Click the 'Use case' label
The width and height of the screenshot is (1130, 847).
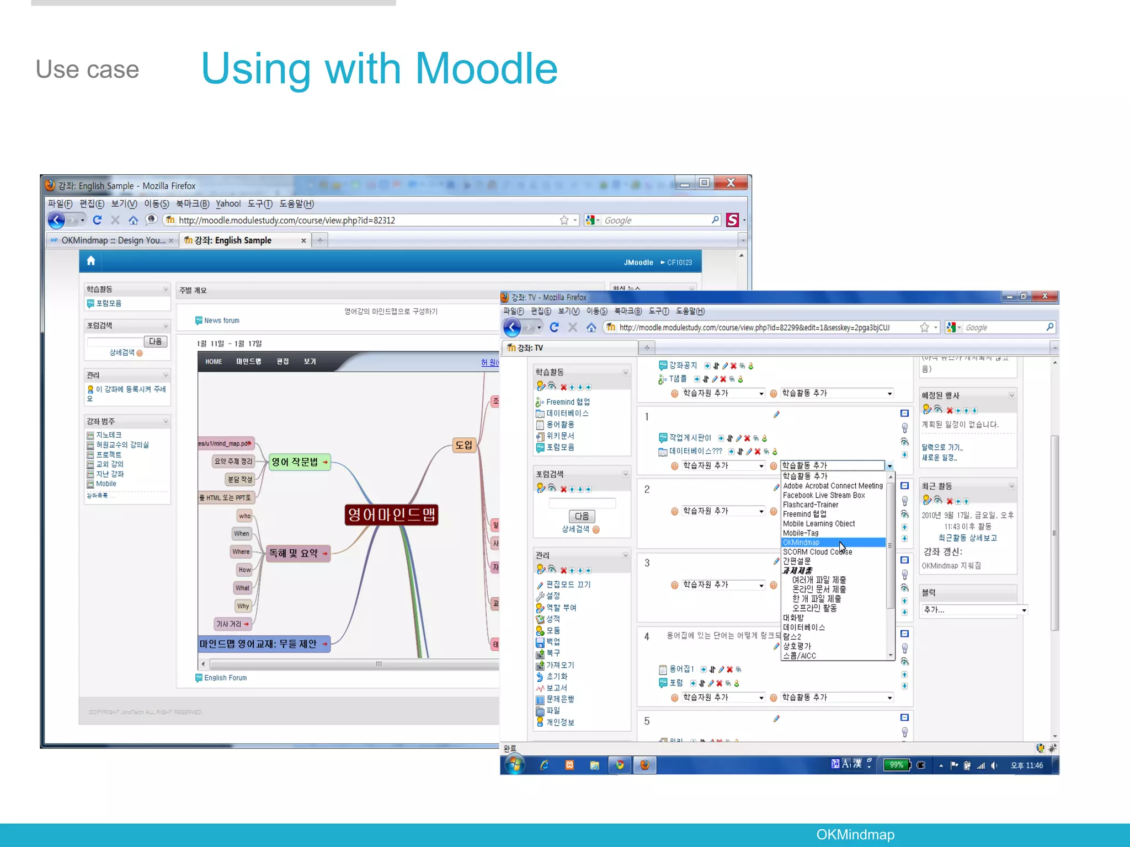coord(87,69)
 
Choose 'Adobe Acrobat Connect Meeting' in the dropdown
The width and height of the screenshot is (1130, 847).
coord(833,486)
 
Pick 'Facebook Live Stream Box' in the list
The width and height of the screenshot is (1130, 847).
coord(824,495)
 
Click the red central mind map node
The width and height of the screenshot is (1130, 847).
coord(391,514)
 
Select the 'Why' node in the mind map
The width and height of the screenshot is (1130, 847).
coord(243,606)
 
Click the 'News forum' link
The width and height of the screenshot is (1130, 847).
coord(221,320)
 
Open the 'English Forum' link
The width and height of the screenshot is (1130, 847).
coord(225,678)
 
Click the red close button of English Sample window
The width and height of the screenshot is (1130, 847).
coord(731,183)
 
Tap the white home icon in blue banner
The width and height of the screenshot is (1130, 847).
coord(91,261)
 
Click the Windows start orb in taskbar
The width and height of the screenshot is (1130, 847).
coord(515,765)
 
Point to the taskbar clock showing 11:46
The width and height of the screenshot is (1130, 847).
coord(1026,765)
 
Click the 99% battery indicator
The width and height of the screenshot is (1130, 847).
coord(896,765)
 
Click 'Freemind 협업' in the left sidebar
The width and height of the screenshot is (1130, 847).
coord(568,402)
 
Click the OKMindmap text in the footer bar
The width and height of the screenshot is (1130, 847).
coord(855,834)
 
